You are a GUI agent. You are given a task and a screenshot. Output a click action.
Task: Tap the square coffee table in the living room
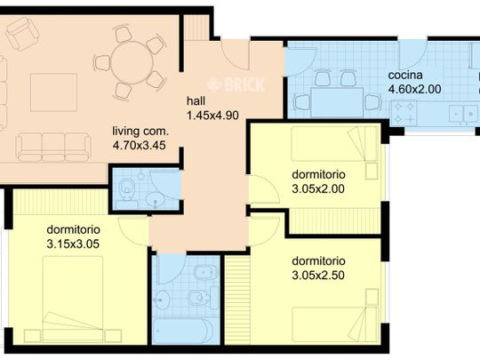[47, 91]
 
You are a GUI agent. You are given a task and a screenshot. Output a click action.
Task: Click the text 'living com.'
[140, 128]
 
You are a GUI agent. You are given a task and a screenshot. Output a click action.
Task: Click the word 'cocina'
[405, 76]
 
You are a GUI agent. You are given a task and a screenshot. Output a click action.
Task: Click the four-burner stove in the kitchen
[407, 113]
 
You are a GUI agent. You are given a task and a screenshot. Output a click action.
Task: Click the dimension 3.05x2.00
[318, 188]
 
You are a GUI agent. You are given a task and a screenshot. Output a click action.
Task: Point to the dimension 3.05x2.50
[318, 276]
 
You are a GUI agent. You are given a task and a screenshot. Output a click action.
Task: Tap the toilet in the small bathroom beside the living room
[130, 188]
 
